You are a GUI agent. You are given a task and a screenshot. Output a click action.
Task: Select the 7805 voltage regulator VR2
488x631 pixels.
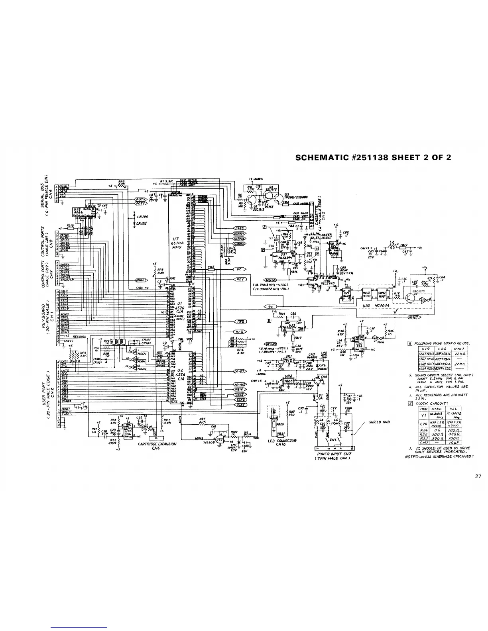pyautogui.click(x=288, y=381)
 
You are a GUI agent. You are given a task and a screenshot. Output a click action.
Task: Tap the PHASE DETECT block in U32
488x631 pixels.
pyautogui.click(x=366, y=295)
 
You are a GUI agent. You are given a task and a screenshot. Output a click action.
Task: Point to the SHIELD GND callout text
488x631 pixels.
pyautogui.click(x=379, y=422)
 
